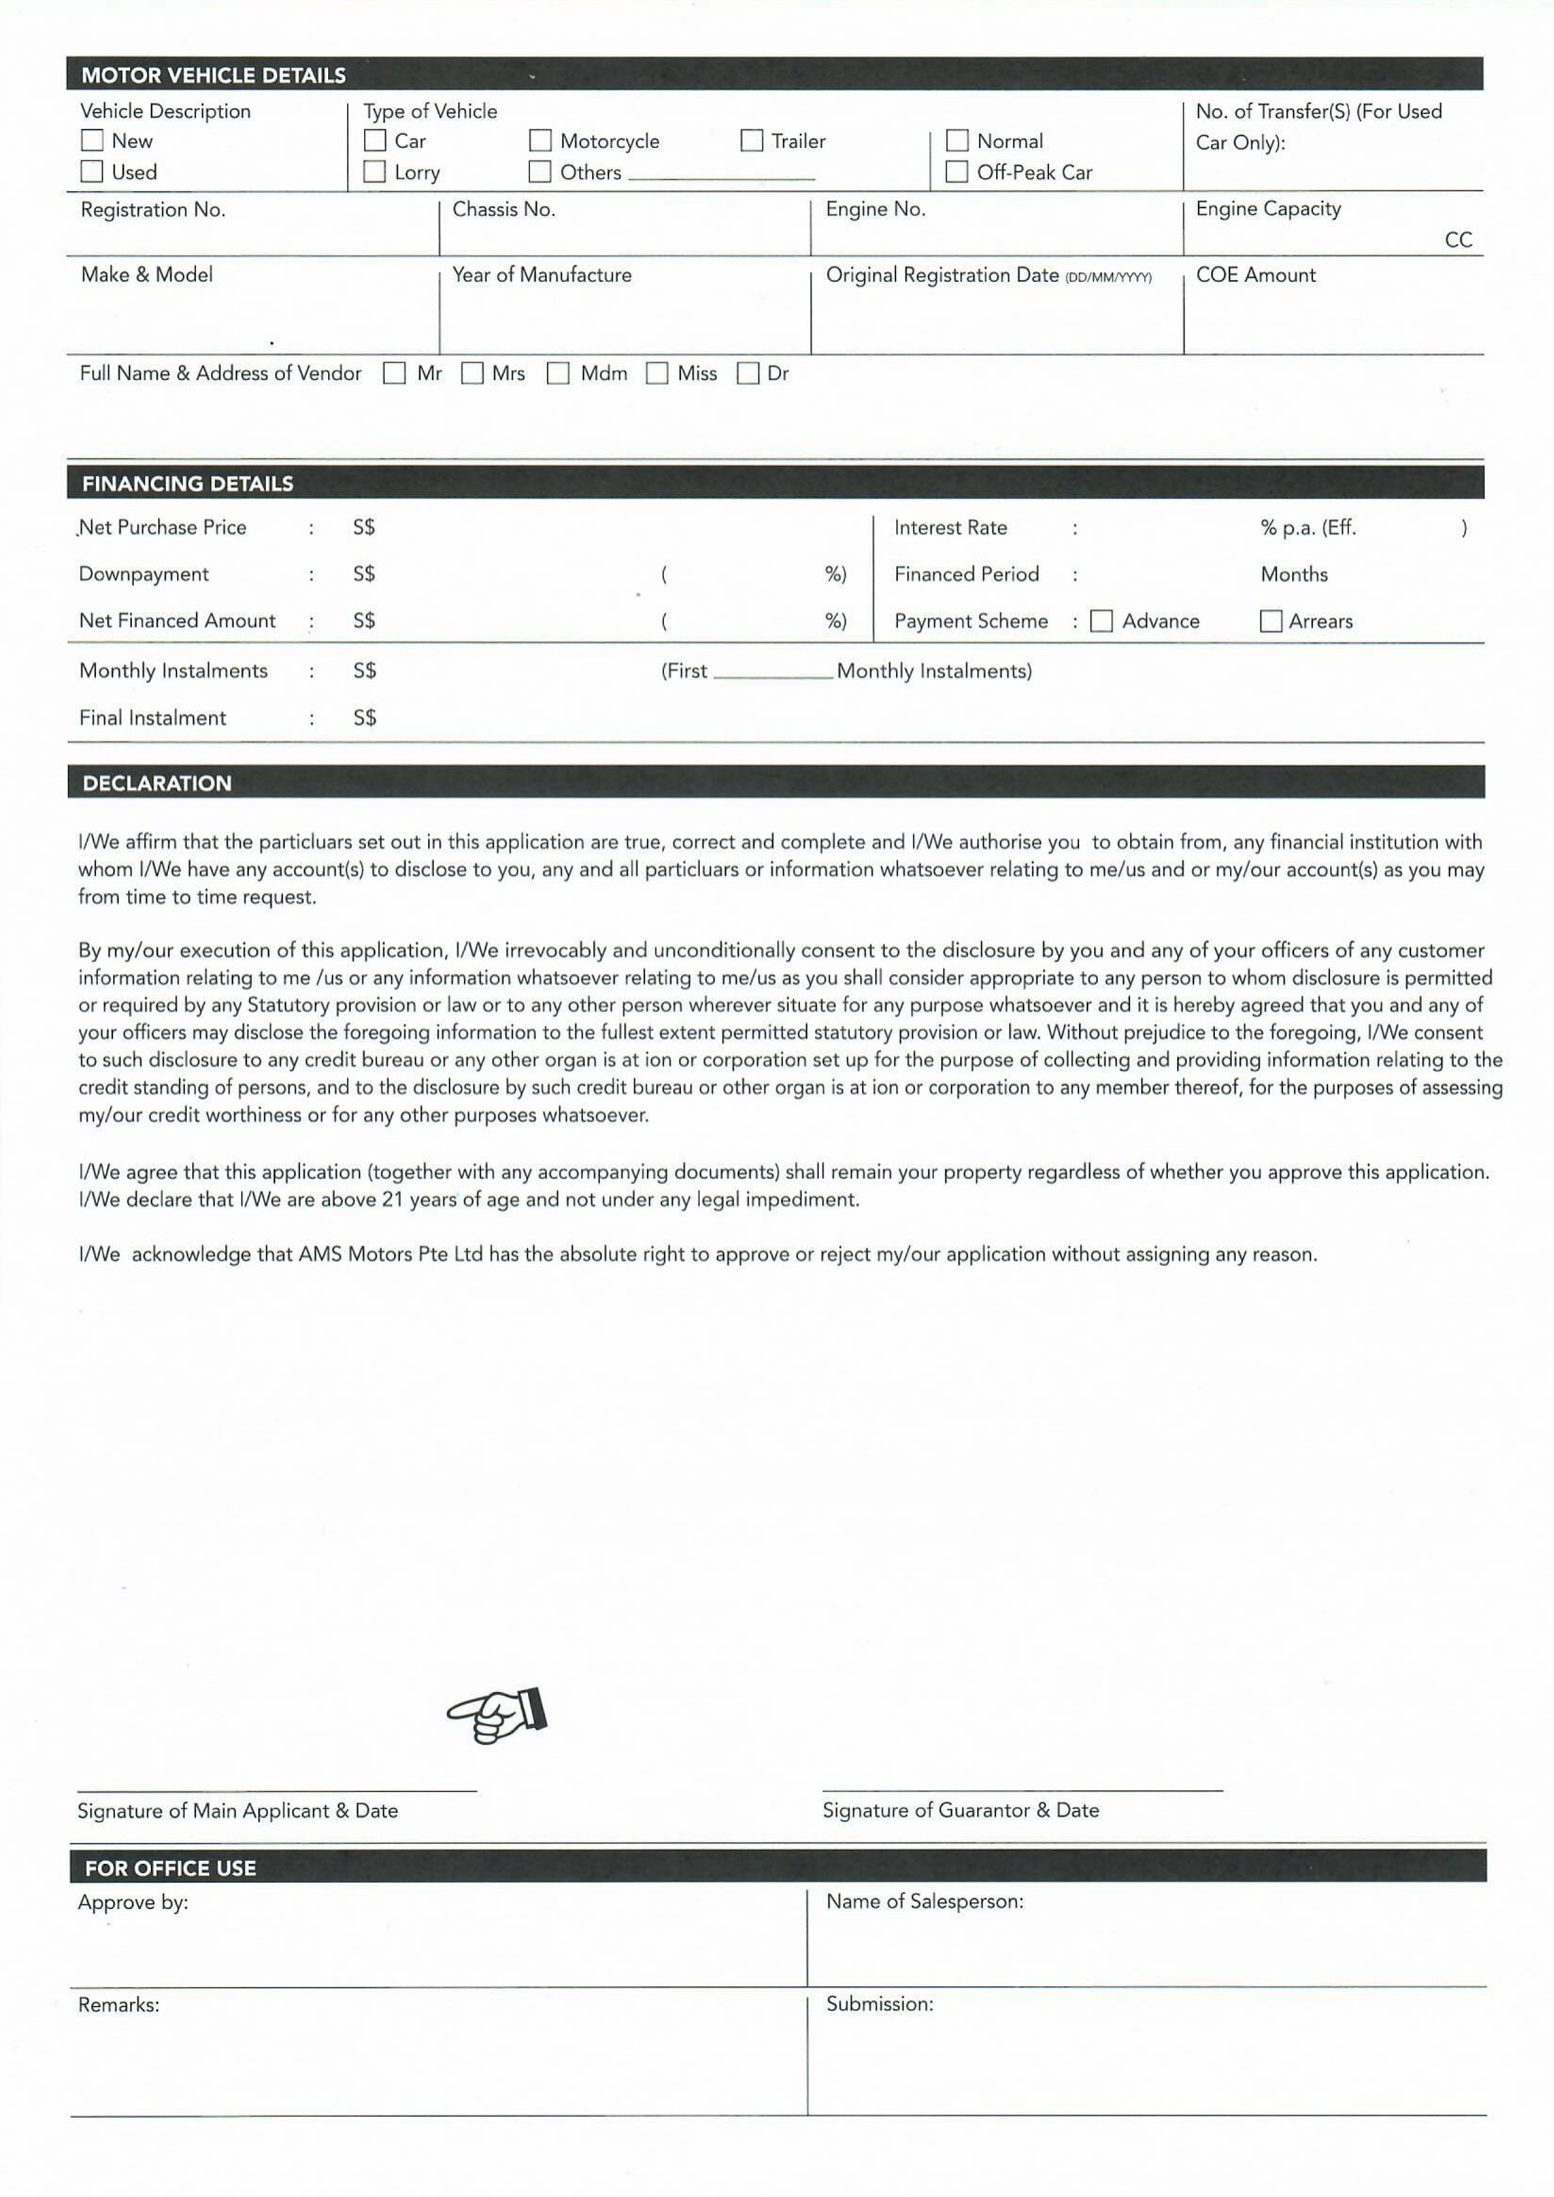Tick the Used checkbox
click(92, 171)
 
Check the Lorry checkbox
click(375, 171)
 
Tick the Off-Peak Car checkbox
click(956, 171)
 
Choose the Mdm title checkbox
click(558, 373)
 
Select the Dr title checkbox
click(748, 373)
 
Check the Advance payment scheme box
click(1101, 621)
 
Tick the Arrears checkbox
click(1271, 621)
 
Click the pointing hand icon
click(498, 1715)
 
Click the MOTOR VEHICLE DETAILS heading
click(213, 74)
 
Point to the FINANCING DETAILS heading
click(188, 483)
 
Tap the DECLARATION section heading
click(157, 783)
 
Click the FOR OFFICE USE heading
click(170, 1868)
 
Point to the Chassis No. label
click(503, 208)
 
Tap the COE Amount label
click(1255, 275)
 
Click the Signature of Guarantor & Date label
click(960, 1809)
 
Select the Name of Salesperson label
click(924, 1901)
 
